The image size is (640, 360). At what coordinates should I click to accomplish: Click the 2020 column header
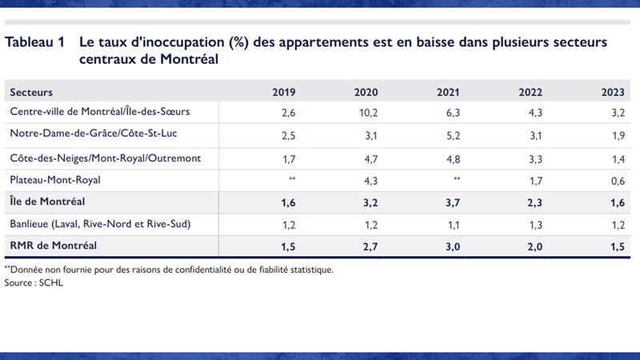coord(366,92)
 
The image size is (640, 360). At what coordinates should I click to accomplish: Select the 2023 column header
coord(614,92)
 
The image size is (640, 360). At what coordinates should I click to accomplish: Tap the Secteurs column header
coord(32,92)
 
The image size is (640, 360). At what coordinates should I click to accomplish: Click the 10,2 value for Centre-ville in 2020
coord(366,112)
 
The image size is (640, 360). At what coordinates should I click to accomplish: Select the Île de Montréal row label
coord(48,202)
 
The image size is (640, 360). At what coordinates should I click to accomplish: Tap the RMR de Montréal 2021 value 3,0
coord(450,246)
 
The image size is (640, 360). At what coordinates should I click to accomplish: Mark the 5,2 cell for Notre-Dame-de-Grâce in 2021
coord(450,134)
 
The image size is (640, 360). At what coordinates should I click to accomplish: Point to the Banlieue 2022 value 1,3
coord(534,223)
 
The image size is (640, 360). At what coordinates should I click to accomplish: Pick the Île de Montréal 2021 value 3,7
coord(450,202)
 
